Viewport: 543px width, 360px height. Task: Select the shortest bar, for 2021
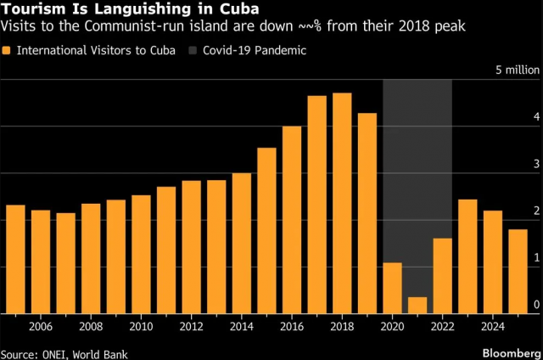click(417, 304)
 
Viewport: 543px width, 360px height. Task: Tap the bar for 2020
click(392, 287)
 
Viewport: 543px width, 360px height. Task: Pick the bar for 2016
click(292, 219)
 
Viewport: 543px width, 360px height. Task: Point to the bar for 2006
click(41, 261)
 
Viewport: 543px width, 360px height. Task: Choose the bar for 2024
click(492, 261)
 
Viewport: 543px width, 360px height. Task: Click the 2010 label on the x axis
click(141, 324)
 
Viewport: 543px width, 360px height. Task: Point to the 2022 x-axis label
click(442, 324)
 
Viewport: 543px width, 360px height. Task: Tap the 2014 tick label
click(242, 324)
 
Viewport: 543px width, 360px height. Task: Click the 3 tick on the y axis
click(535, 163)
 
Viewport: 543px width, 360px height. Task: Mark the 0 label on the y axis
click(535, 304)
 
